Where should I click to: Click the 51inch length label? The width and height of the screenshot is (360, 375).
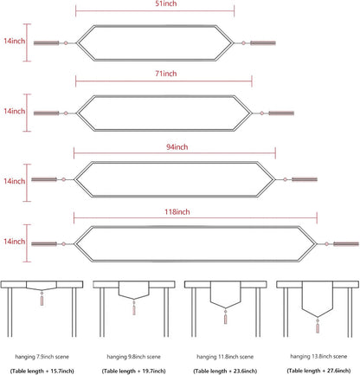point(166,3)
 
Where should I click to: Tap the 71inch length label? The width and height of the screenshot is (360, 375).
point(166,74)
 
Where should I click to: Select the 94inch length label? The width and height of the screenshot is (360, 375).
point(177,147)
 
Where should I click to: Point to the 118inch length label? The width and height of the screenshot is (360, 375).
point(177,212)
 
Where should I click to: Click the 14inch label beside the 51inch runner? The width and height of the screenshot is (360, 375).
point(15,41)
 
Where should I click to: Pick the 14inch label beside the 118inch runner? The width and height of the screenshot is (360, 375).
point(15,242)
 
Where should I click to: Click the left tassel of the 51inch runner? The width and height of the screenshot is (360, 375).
point(46,43)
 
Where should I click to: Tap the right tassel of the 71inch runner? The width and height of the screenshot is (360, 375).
point(281,113)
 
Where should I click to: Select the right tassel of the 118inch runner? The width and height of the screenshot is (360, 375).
point(346,244)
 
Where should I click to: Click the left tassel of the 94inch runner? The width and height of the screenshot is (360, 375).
point(44,179)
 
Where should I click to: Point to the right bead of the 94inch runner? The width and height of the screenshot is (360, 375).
point(285,179)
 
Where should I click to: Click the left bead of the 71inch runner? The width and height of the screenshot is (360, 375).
point(66,113)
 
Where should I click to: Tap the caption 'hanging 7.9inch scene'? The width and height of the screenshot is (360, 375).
point(42,357)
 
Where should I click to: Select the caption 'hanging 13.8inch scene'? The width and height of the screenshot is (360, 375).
point(318,357)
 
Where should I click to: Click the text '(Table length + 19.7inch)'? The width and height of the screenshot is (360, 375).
point(134,371)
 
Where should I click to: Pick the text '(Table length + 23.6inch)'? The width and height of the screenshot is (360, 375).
point(225,371)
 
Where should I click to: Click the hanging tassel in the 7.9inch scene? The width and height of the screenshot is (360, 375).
point(42,299)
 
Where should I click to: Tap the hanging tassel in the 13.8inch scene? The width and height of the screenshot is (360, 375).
point(318,326)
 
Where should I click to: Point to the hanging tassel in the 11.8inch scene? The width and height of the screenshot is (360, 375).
point(226,317)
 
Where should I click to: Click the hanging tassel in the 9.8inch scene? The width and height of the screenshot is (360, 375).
point(134,307)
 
